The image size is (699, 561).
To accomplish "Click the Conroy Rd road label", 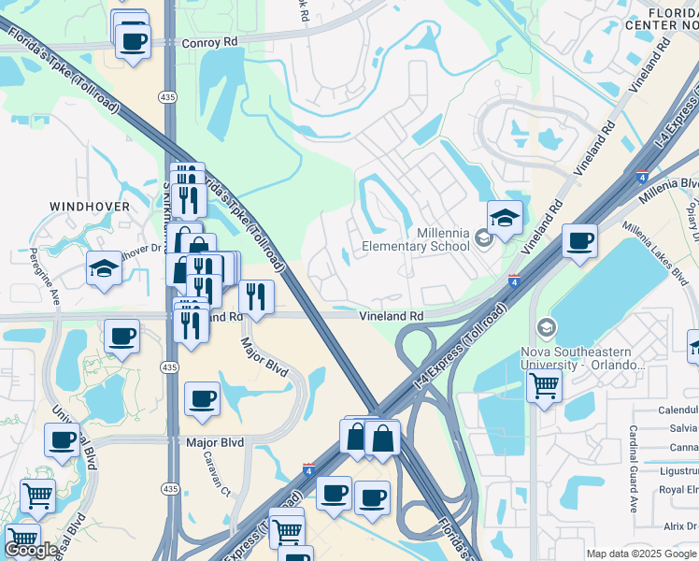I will click(209, 42).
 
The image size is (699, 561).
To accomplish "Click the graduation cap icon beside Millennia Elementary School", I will click(506, 219).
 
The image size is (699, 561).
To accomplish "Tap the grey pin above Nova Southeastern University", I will click(546, 327).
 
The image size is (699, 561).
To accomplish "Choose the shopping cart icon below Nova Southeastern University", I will click(543, 384).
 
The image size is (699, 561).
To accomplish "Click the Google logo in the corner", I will click(30, 550).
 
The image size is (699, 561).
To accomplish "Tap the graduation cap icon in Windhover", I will click(104, 268).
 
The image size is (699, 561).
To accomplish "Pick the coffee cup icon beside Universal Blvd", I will click(63, 439).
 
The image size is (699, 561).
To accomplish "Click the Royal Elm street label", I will click(678, 489).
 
